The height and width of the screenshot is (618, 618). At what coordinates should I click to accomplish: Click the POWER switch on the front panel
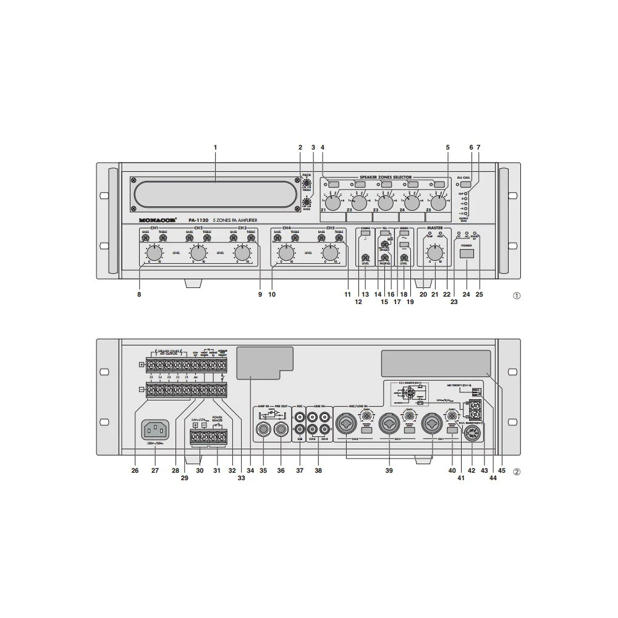click(467, 254)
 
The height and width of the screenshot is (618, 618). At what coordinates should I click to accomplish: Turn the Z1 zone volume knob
click(332, 203)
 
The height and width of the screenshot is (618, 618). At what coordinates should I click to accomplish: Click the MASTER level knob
click(435, 253)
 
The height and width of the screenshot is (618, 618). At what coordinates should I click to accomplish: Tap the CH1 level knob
click(154, 253)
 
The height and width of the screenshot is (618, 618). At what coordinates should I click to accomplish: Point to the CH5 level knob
click(331, 253)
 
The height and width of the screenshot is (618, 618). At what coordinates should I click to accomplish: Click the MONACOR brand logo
click(158, 219)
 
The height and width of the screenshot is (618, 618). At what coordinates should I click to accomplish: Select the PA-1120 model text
click(198, 219)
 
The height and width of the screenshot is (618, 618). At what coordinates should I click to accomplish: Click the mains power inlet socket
click(155, 429)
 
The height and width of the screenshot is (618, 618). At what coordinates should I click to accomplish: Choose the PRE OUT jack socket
click(282, 428)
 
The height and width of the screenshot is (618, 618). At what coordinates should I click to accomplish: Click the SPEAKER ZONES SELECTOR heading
click(386, 177)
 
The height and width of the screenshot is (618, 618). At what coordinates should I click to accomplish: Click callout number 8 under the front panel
click(139, 295)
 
